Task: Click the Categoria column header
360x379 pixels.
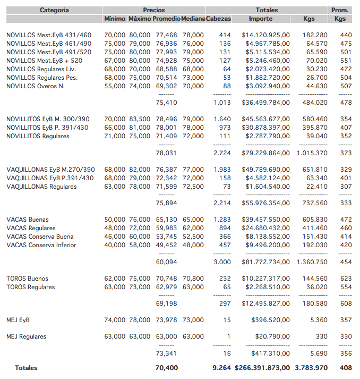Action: tap(54, 10)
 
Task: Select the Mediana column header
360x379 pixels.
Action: tap(193, 19)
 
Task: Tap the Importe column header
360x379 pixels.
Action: tap(261, 19)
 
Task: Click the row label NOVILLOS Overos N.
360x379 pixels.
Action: tap(36, 86)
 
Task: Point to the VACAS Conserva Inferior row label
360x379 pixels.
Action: tap(41, 245)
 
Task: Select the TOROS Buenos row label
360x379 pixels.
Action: tap(27, 279)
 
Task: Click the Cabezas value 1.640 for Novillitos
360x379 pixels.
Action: tap(222, 119)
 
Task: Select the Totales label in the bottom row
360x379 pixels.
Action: tap(26, 368)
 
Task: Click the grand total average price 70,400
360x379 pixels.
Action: tap(166, 368)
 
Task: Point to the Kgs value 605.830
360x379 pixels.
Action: tap(315, 220)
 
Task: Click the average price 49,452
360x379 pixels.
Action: tap(166, 245)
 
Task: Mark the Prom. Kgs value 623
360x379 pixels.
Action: tap(346, 279)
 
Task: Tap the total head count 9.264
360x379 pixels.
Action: tap(221, 368)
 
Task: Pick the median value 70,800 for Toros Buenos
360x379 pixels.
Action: tap(193, 279)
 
